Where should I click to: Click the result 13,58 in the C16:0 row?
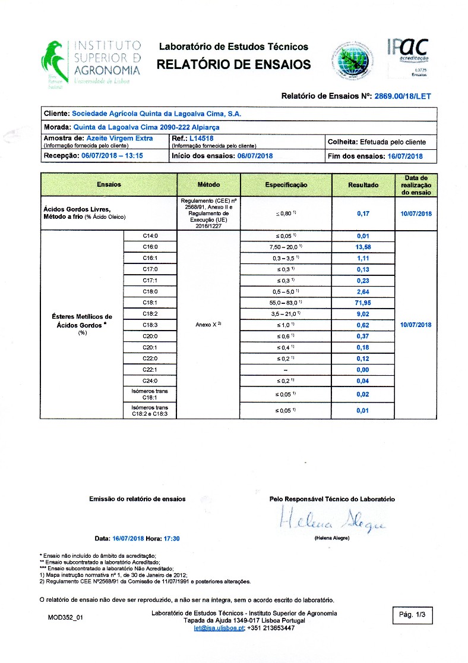[363, 247]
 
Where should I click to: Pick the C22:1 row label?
[150, 370]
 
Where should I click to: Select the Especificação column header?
[286, 185]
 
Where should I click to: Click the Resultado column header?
[363, 185]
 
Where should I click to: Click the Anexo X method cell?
[208, 325]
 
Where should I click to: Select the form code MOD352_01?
[65, 618]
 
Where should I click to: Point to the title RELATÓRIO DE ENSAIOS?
[233, 64]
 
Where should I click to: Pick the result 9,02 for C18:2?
[363, 314]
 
